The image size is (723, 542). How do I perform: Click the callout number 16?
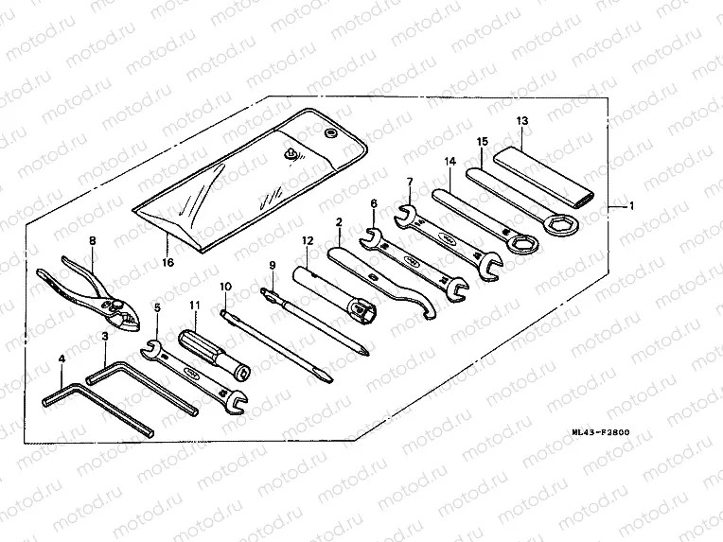(168, 262)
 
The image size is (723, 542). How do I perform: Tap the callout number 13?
(521, 121)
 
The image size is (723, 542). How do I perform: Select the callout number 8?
(92, 241)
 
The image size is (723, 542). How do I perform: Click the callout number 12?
(307, 241)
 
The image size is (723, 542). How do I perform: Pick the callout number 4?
(62, 358)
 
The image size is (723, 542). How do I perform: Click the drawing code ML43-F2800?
(601, 433)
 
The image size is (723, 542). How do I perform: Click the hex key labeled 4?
(95, 407)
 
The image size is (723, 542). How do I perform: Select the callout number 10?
(225, 286)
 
